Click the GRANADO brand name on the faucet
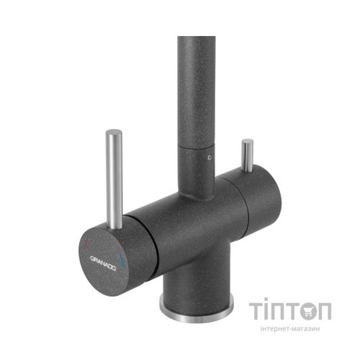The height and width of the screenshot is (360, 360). click(103, 264)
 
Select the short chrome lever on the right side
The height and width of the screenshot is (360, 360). click(247, 156)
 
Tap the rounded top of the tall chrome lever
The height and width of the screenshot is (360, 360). click(114, 132)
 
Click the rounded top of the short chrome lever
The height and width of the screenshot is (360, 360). click(248, 141)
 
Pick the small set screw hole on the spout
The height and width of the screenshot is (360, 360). click(210, 158)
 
